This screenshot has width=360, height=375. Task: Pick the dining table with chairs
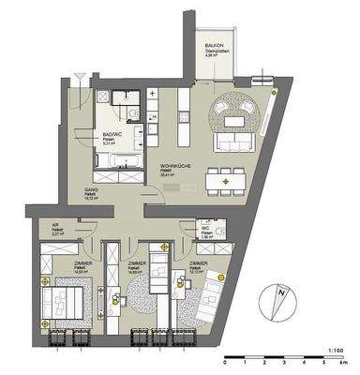(224, 174)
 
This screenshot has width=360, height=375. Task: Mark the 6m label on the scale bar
(344, 361)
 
